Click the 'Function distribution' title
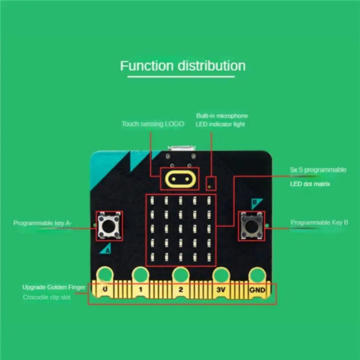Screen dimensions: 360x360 click(x=183, y=66)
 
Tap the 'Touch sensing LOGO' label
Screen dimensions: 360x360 click(x=153, y=124)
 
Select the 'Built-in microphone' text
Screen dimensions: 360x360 click(x=222, y=116)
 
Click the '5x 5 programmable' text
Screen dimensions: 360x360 click(x=318, y=170)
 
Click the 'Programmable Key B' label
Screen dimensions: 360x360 click(x=319, y=222)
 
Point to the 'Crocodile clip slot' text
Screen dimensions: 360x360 click(x=47, y=297)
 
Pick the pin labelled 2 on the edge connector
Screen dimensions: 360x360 click(x=180, y=290)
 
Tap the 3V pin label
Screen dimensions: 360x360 click(x=220, y=290)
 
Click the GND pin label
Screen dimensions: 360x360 click(x=257, y=290)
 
